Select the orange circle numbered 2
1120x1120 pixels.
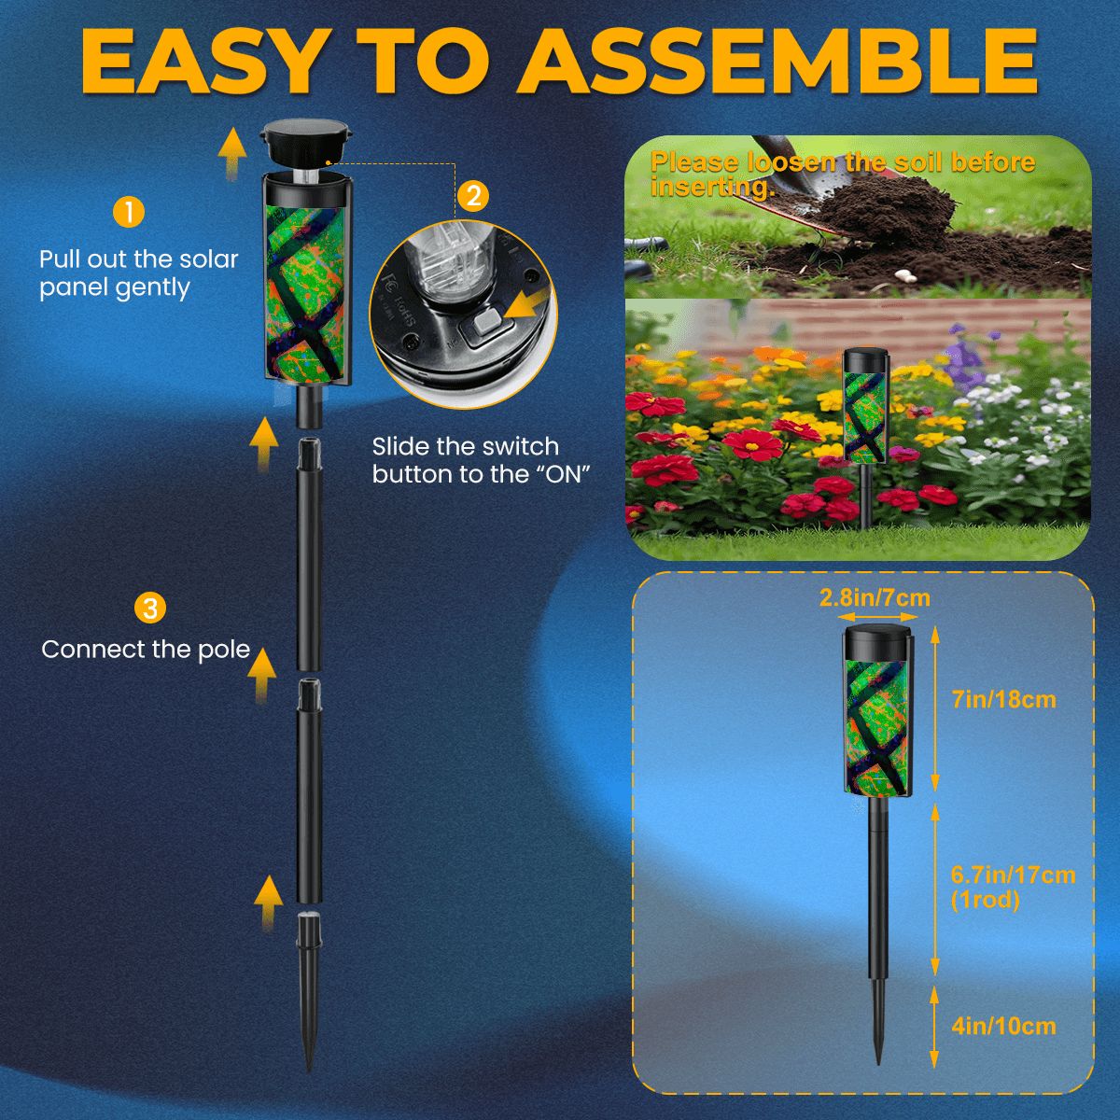473,195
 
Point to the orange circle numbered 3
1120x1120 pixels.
150,609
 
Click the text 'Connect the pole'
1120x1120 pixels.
147,650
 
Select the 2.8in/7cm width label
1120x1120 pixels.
875,597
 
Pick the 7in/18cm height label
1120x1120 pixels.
1003,699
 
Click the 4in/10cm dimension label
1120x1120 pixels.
1003,1027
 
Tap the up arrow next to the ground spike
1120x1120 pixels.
269,901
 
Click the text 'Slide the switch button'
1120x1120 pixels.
465,446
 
